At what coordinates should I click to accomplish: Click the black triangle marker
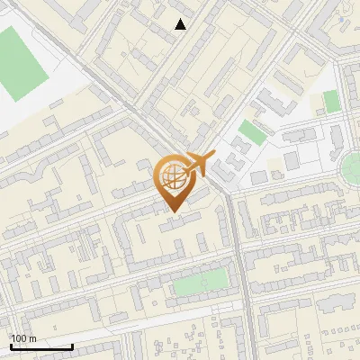(x=181, y=24)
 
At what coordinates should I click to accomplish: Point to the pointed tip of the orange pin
(x=171, y=211)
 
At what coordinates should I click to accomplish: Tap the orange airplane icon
(x=200, y=165)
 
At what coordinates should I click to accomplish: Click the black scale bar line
(x=41, y=346)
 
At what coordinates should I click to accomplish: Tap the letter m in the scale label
(x=33, y=338)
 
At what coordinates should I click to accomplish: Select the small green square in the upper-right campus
(x=332, y=101)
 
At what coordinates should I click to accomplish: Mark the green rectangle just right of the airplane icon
(x=252, y=132)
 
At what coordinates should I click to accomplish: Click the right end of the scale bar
(x=72, y=346)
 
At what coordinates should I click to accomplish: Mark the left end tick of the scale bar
(x=11, y=345)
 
